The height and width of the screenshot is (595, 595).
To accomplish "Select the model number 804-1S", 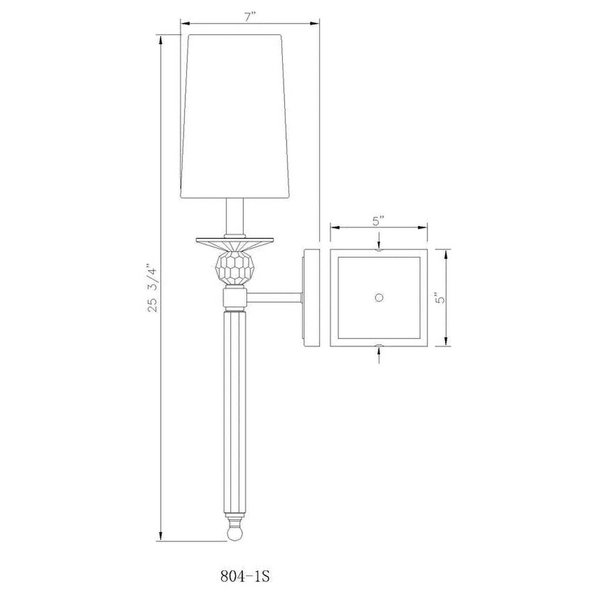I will [x=245, y=576].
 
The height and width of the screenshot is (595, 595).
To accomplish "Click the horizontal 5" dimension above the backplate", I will [x=378, y=221].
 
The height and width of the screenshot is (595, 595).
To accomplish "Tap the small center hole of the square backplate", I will [x=379, y=297].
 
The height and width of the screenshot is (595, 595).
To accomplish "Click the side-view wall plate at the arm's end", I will [x=311, y=297].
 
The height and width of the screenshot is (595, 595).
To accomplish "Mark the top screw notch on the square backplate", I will [x=379, y=250].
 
